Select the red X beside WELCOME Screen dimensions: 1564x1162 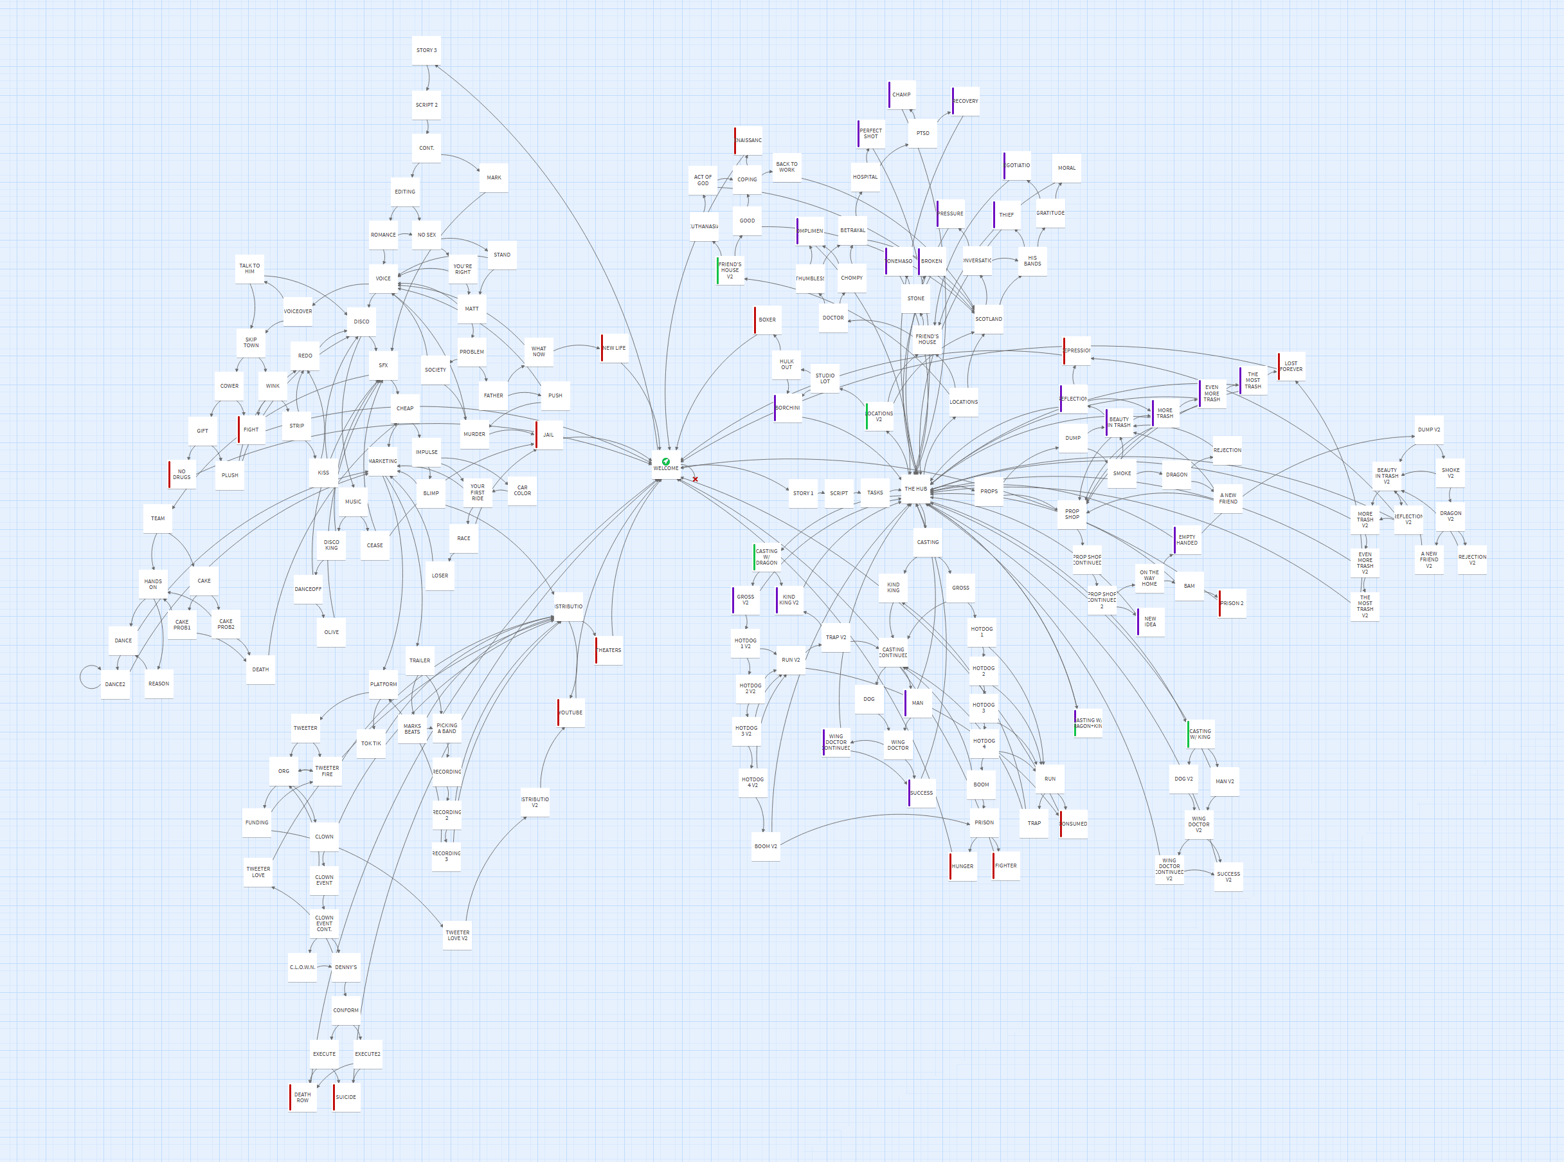tap(695, 480)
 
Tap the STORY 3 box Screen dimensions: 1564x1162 tap(426, 51)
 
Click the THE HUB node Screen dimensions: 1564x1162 tap(915, 489)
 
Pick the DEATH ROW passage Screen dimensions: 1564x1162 tap(302, 1097)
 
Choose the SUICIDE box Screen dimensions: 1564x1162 tap(346, 1097)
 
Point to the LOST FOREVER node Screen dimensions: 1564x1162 tap(1291, 367)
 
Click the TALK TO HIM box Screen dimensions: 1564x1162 tap(249, 269)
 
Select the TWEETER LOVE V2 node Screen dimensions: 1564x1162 tap(457, 936)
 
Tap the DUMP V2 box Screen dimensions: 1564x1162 tap(1429, 430)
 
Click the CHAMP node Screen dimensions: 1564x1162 tap(901, 95)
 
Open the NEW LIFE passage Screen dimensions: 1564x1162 tap(614, 348)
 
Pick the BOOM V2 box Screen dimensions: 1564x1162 tap(766, 846)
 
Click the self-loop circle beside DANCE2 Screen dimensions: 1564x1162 tap(90, 676)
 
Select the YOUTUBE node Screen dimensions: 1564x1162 tap(571, 713)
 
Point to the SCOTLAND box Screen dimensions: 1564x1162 tap(989, 320)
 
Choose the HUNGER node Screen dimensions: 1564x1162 tap(963, 867)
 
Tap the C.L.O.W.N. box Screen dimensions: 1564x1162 tap(302, 967)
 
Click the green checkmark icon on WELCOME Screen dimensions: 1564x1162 tap(666, 462)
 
